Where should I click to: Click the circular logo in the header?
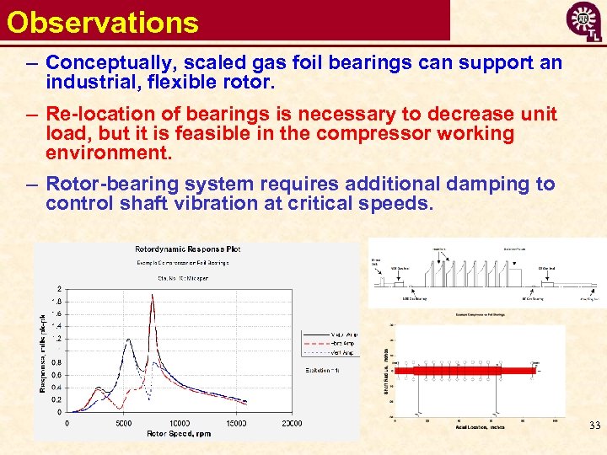[583, 23]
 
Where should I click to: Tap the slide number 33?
[594, 426]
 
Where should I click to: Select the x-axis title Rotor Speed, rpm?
[179, 433]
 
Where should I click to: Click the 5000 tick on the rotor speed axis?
[123, 423]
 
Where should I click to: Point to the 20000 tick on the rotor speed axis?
[292, 423]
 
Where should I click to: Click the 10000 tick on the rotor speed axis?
[180, 423]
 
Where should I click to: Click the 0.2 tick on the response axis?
[57, 399]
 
